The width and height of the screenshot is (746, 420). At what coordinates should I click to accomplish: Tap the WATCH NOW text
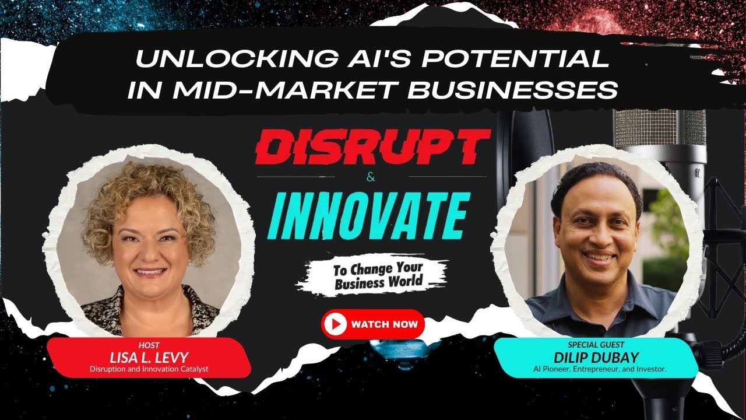(x=385, y=324)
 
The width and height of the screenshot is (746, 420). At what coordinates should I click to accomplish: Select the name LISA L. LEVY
(x=149, y=356)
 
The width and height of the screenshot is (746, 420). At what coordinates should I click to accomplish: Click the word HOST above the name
(x=149, y=345)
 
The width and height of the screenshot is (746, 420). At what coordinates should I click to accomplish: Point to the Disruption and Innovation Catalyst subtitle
(x=149, y=369)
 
